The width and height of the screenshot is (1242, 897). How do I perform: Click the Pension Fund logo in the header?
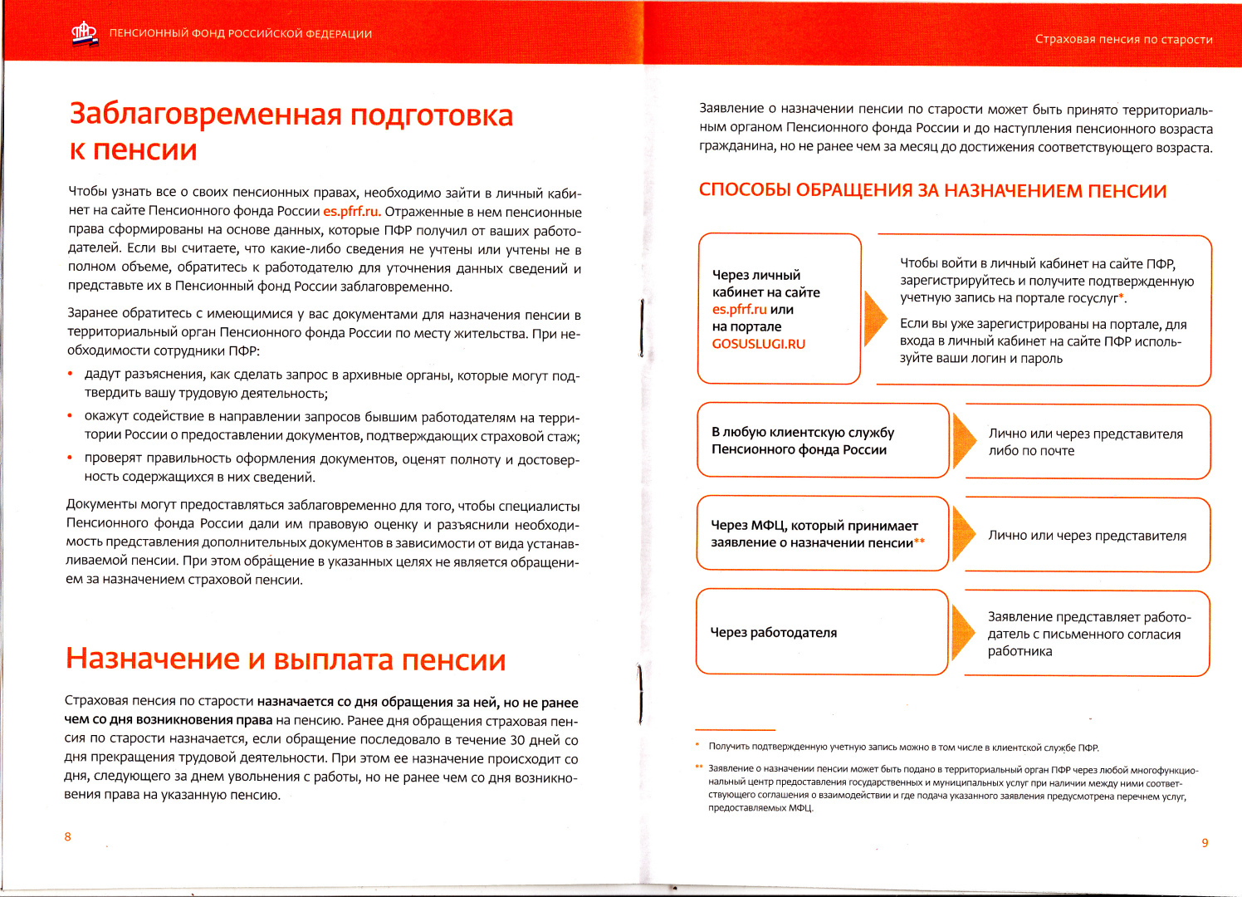coord(84,34)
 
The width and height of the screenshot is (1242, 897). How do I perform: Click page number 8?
coord(68,836)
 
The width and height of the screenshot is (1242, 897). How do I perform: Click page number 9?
coord(1205,843)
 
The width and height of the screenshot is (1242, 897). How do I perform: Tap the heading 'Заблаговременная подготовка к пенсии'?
coord(291,132)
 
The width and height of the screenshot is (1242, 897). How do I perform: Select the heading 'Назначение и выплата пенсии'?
coord(286,659)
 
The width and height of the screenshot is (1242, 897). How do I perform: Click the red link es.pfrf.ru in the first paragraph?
coord(351,212)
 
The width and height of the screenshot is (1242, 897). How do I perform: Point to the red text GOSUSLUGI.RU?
coord(759,344)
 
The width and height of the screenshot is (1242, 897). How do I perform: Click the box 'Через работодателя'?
coord(822,632)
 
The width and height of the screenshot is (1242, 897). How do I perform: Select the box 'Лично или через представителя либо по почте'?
coord(1087,442)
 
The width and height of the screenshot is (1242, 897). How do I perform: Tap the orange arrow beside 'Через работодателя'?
coord(964,632)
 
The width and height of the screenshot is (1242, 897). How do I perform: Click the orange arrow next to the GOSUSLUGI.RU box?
coord(875,318)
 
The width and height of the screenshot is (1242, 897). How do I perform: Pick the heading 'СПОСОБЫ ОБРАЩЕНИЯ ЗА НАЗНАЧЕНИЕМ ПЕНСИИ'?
coord(932,191)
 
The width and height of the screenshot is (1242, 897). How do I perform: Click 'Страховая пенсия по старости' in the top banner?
coord(1123,39)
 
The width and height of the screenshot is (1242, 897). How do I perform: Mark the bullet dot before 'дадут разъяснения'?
coord(71,375)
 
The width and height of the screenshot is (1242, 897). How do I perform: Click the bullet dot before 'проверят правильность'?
coord(71,458)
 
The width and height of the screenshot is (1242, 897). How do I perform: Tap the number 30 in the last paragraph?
coord(517,740)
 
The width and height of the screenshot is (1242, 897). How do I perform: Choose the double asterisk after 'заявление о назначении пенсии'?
coord(919,542)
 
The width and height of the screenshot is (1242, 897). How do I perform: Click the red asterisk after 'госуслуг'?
coord(1122,297)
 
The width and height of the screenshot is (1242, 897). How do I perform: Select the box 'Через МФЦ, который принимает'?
coord(822,534)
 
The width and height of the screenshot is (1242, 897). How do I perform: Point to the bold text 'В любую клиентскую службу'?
coord(803,432)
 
